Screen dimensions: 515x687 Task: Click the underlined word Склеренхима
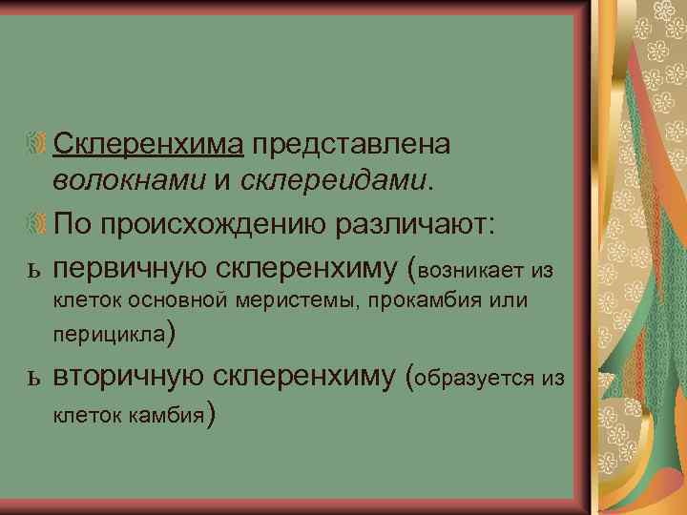click(x=151, y=144)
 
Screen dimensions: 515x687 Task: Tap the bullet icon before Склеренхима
click(x=35, y=146)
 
